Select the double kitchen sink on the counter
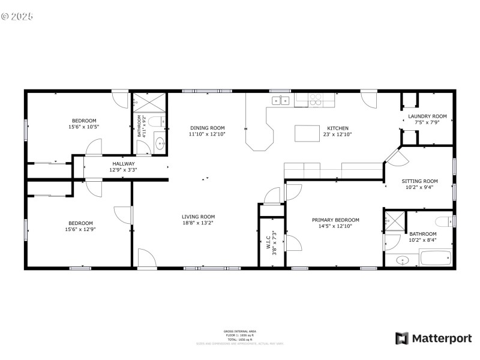(280, 100)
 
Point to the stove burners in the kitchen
(315, 100)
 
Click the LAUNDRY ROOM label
(427, 116)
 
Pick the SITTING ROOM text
(419, 181)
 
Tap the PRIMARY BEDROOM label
(335, 220)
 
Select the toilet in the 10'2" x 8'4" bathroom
(445, 220)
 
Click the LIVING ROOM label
(198, 217)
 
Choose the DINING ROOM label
(207, 128)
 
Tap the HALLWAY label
(123, 163)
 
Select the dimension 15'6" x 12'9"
(80, 229)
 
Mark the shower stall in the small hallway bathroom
(148, 102)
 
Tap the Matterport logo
(433, 338)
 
